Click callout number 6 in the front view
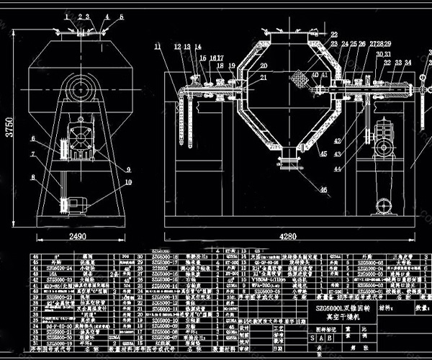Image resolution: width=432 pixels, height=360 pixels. pyautogui.click(x=33, y=138)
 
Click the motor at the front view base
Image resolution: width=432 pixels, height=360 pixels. pyautogui.click(x=75, y=207)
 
